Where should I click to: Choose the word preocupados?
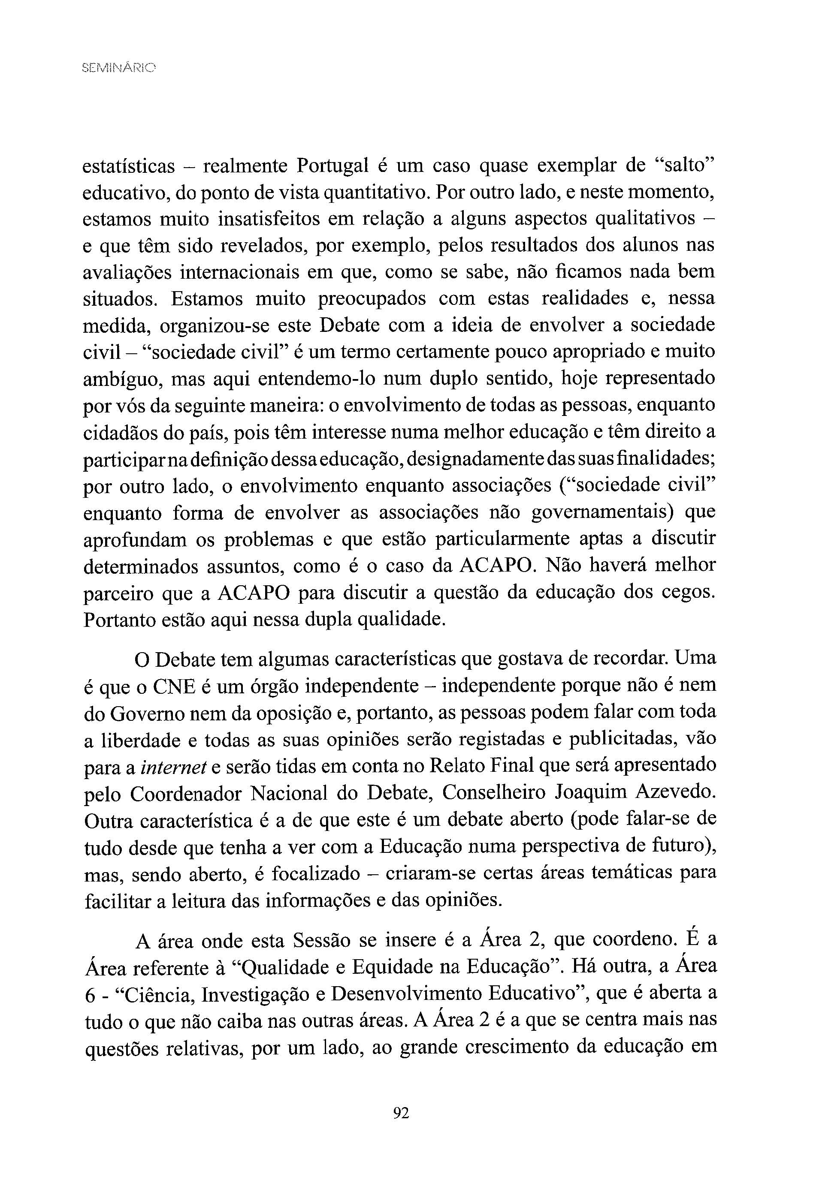point(372,299)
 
